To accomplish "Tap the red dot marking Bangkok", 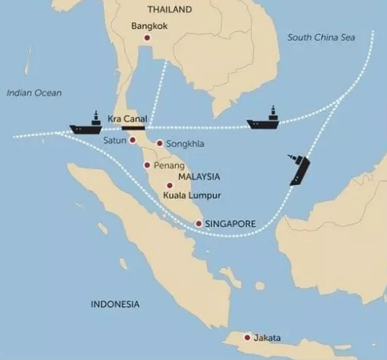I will click(x=148, y=37).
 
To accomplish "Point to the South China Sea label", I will click(x=320, y=37).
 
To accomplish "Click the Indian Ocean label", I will click(x=33, y=93).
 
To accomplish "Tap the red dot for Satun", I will click(x=133, y=141).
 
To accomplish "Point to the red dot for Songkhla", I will click(x=159, y=143).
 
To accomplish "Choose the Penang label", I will click(x=169, y=164).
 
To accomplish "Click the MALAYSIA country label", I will click(x=198, y=177).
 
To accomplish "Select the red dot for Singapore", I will click(x=199, y=224).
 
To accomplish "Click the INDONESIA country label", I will click(x=115, y=304).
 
